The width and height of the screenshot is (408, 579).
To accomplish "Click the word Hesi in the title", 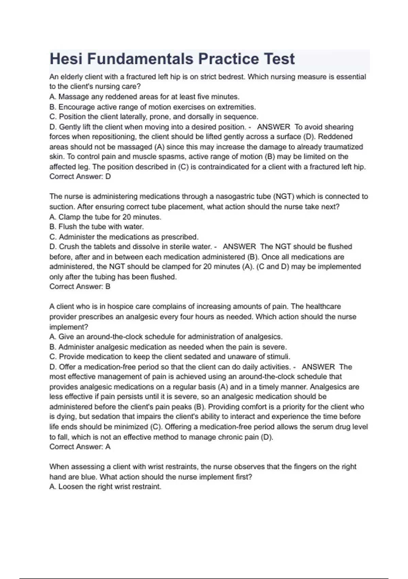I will point(66,59).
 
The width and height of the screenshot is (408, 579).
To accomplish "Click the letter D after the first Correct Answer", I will point(108,176).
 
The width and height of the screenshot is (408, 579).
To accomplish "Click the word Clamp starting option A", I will point(69,217).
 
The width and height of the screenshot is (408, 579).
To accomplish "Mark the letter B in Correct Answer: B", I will point(108,286).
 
